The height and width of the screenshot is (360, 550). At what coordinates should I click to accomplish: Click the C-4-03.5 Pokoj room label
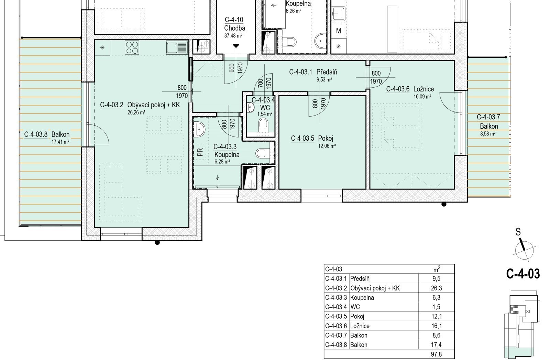[x=312, y=139]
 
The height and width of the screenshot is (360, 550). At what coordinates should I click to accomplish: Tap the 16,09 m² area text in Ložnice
[x=422, y=97]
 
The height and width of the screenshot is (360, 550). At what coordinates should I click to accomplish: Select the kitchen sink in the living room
[x=177, y=47]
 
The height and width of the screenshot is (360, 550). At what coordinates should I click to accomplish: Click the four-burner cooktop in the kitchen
[x=132, y=47]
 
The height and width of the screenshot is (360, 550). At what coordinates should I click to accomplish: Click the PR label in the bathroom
[x=200, y=152]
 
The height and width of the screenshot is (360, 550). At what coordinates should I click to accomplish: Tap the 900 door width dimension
[x=232, y=67]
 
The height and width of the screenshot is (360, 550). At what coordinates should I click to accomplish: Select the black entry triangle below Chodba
[x=236, y=46]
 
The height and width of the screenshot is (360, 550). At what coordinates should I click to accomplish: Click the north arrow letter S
[x=518, y=232]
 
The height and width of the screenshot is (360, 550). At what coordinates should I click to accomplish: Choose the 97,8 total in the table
[x=436, y=354]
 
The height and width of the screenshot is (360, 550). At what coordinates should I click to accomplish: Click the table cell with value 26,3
[x=436, y=288]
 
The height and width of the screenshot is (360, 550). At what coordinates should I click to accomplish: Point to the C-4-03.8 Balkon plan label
[x=47, y=134]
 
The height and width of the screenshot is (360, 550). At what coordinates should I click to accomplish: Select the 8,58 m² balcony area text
[x=488, y=134]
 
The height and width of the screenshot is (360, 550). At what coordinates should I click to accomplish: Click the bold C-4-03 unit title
[x=523, y=274]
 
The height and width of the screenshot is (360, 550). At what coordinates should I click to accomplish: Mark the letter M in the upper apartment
[x=339, y=31]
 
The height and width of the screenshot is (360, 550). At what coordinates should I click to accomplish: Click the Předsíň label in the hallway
[x=327, y=72]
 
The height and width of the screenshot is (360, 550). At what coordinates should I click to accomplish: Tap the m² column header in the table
[x=437, y=269]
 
